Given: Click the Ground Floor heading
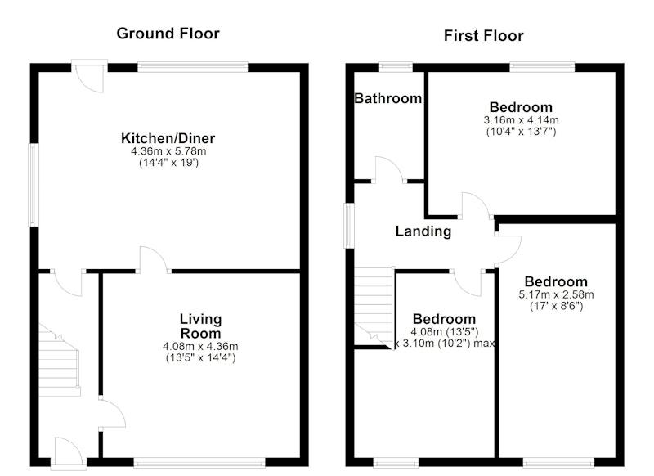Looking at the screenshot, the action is pyautogui.click(x=168, y=34).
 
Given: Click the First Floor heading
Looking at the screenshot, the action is pyautogui.click(x=483, y=35).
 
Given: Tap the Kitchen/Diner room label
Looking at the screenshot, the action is pyautogui.click(x=168, y=138).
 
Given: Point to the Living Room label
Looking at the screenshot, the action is pyautogui.click(x=200, y=326).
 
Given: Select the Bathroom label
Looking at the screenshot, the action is pyautogui.click(x=387, y=98).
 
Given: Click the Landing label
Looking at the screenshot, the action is pyautogui.click(x=423, y=231).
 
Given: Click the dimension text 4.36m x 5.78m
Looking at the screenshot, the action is pyautogui.click(x=168, y=151).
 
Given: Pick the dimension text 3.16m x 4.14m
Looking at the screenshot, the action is pyautogui.click(x=521, y=120).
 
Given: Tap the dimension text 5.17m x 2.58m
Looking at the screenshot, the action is pyautogui.click(x=556, y=294).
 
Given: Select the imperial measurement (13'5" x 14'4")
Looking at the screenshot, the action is pyautogui.click(x=200, y=357).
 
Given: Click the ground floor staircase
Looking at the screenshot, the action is pyautogui.click(x=59, y=360).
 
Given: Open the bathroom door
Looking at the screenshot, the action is pyautogui.click(x=389, y=170).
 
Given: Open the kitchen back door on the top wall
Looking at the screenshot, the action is pyautogui.click(x=89, y=76).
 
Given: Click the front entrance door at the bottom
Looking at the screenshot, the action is pyautogui.click(x=69, y=451).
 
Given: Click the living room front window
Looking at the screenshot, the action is pyautogui.click(x=199, y=462).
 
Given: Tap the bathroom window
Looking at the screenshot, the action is pyautogui.click(x=396, y=67).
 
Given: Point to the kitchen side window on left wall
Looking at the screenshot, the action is pyautogui.click(x=34, y=185).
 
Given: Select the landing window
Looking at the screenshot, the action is pyautogui.click(x=350, y=226).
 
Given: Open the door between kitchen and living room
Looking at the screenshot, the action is pyautogui.click(x=154, y=261).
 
